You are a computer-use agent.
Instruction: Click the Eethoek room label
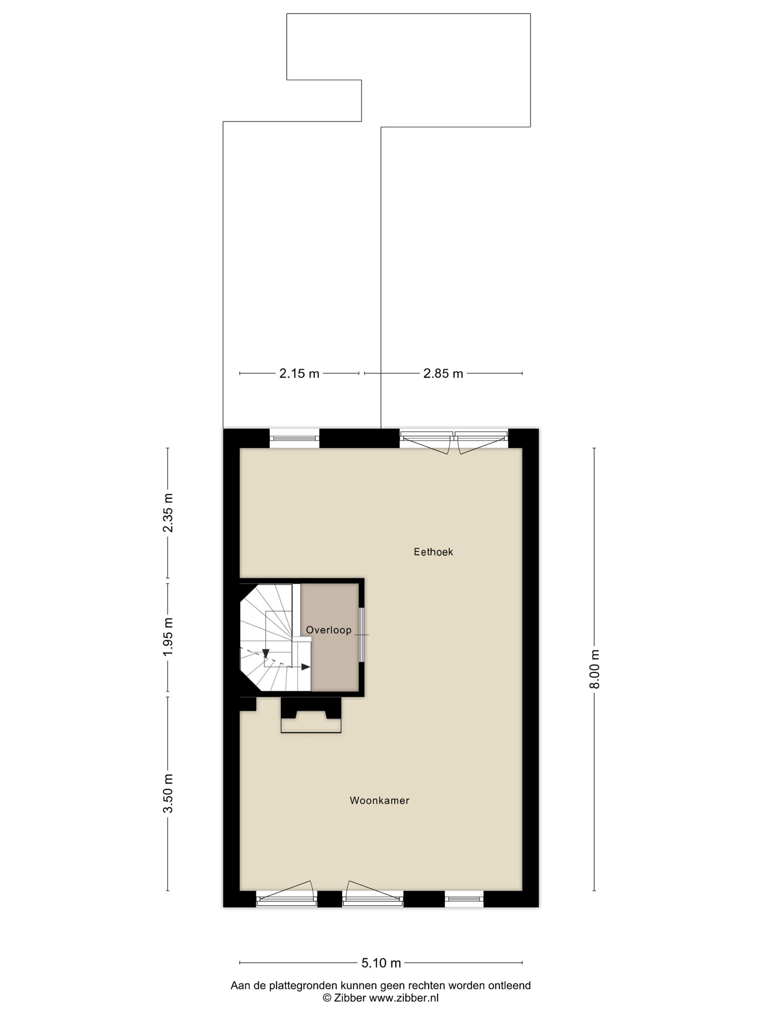tap(433, 552)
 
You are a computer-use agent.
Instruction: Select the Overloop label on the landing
tap(328, 630)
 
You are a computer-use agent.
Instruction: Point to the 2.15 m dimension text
tap(299, 373)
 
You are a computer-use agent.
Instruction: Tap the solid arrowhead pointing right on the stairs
tap(306, 667)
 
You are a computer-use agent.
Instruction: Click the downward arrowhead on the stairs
tap(266, 654)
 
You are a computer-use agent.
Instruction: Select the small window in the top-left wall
tap(294, 438)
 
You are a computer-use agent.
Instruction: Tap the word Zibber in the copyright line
tap(351, 998)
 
